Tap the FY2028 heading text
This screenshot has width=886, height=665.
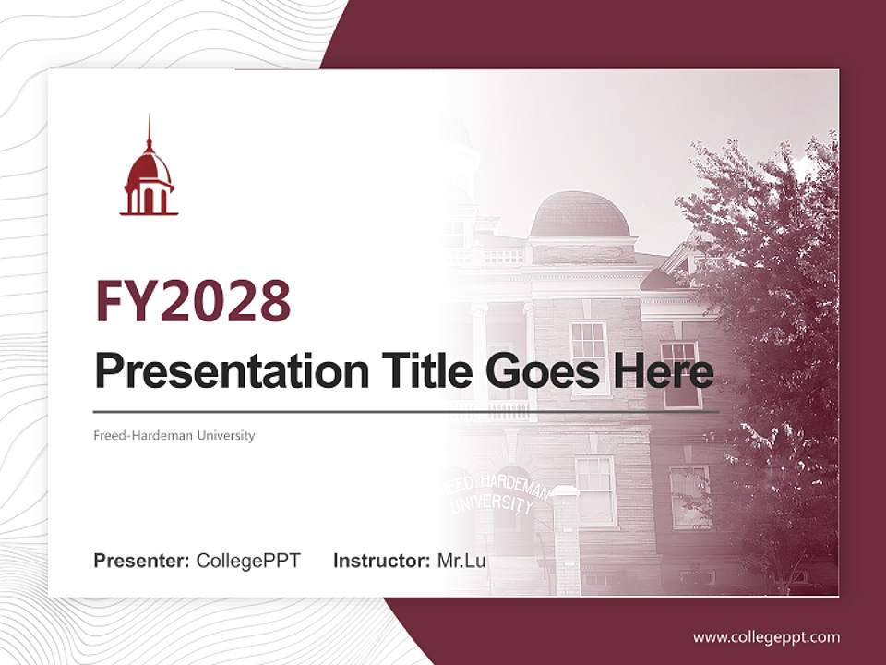[x=193, y=301]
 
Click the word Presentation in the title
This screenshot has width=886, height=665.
[x=232, y=371]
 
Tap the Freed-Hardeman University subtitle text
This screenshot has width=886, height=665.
[x=174, y=435]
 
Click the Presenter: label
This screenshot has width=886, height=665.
[x=141, y=561]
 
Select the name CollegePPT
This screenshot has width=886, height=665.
[x=248, y=561]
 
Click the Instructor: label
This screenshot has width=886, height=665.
[x=382, y=561]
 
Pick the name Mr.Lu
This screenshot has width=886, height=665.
[x=461, y=561]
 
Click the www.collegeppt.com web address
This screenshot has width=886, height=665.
[x=766, y=637]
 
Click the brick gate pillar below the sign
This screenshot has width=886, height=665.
[x=566, y=540]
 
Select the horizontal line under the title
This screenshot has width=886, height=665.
[x=406, y=412]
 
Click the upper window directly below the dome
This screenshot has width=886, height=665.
[x=588, y=357]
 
